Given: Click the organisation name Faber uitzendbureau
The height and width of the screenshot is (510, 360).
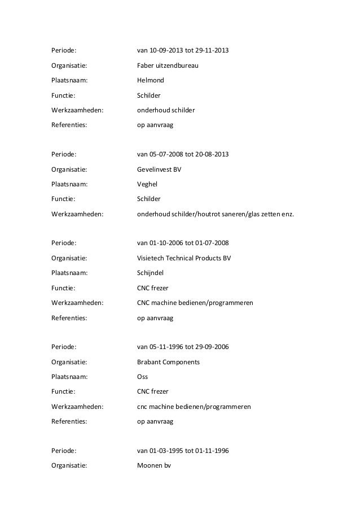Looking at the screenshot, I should point(168,67).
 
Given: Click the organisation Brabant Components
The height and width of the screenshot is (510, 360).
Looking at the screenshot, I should point(168,361).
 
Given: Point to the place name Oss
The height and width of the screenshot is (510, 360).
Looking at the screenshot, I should point(143,376).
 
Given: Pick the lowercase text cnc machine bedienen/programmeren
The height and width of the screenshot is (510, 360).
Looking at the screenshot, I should point(195,406).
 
